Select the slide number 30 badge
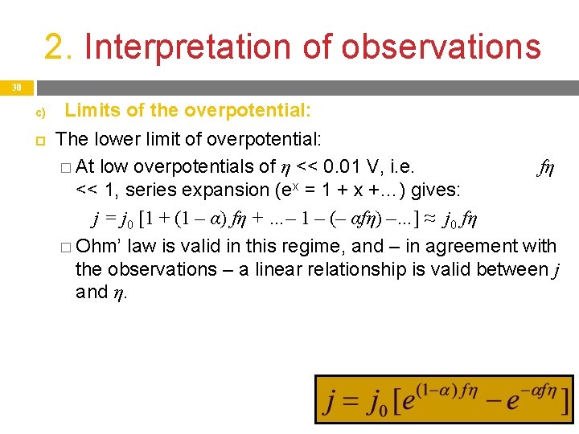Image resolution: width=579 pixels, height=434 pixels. [x=16, y=88]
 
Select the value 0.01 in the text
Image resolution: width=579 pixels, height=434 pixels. [x=339, y=167]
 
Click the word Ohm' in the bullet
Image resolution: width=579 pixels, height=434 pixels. [x=101, y=246]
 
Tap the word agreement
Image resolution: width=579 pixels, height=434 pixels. [x=462, y=246]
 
